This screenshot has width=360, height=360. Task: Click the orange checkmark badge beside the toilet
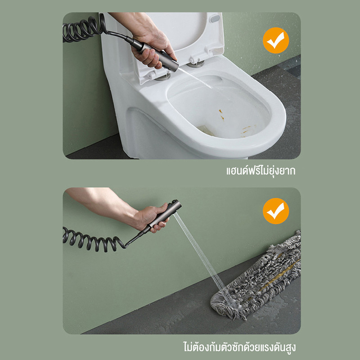coord(276,40)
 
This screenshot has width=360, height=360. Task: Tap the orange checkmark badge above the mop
coord(276,211)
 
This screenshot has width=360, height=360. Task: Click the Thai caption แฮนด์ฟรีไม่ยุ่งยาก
coord(261,171)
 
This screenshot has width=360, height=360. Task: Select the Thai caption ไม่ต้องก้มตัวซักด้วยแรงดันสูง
coord(239,347)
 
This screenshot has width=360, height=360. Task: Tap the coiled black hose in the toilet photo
coord(84,29)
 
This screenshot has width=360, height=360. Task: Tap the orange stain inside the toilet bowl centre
coord(221,115)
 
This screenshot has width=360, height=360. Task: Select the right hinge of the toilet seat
coord(195,63)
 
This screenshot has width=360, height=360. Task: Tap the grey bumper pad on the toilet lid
coord(215,18)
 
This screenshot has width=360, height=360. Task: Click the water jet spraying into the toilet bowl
coord(195,77)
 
